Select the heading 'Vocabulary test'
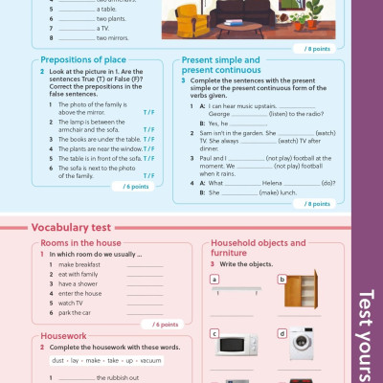pos(72,228)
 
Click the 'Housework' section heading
pos(64,336)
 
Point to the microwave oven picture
pos(235,344)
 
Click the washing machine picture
pos(302,344)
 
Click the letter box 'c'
pos(214,333)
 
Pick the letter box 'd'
pos(282,333)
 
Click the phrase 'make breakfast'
pos(79,264)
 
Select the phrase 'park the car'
pos(76,312)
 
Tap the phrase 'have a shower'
pos(79,283)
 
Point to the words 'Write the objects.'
pos(238,263)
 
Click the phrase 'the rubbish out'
pos(118,378)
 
